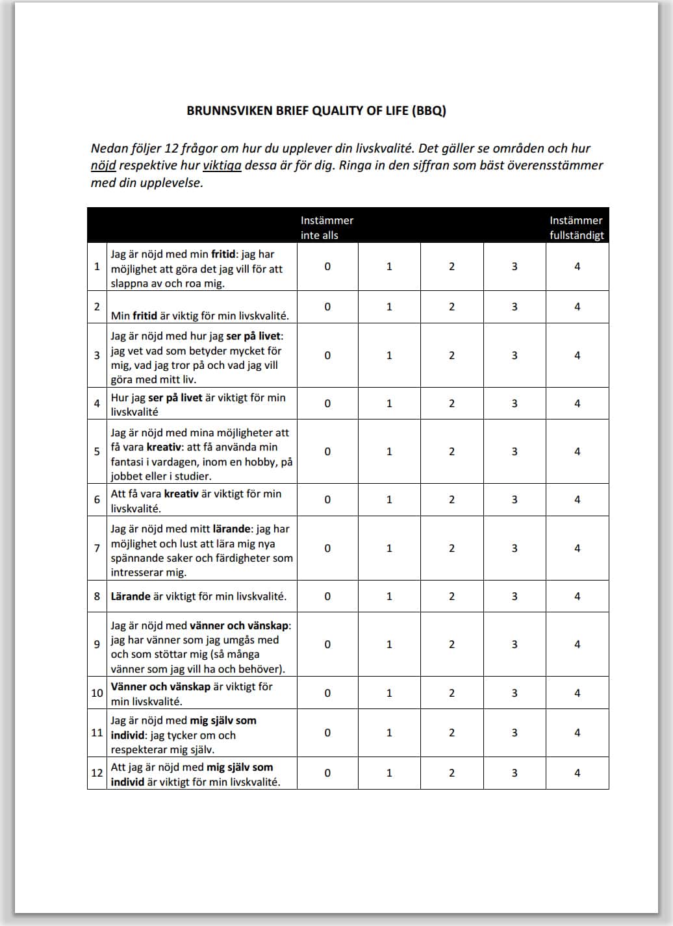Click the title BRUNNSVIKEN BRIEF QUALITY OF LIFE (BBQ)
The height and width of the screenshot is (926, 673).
click(x=316, y=110)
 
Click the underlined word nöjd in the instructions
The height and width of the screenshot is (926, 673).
click(x=103, y=166)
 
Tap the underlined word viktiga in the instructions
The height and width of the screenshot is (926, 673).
click(x=222, y=166)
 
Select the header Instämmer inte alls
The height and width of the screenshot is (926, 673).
click(x=327, y=228)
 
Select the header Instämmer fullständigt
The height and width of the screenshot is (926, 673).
click(x=576, y=228)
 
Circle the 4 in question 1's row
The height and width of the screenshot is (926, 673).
click(x=577, y=266)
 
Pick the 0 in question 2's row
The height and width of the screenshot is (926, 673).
click(x=327, y=307)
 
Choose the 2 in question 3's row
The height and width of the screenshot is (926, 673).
click(x=451, y=355)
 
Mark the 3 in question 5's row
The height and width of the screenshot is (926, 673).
click(x=514, y=451)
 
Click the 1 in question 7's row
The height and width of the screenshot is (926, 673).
click(x=389, y=548)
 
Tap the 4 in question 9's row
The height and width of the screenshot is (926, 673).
click(x=577, y=644)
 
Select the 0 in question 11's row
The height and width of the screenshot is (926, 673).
click(x=327, y=732)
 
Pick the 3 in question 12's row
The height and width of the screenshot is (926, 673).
click(x=514, y=773)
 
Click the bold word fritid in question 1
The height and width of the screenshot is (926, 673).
click(x=223, y=255)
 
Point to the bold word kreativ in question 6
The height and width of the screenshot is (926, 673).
click(x=181, y=494)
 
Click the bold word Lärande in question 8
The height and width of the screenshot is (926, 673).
click(x=131, y=596)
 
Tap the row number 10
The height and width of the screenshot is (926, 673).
click(x=97, y=693)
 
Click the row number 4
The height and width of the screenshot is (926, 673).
click(x=97, y=403)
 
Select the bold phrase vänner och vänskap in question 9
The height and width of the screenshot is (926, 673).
click(x=239, y=626)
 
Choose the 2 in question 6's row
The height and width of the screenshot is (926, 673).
click(x=451, y=499)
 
